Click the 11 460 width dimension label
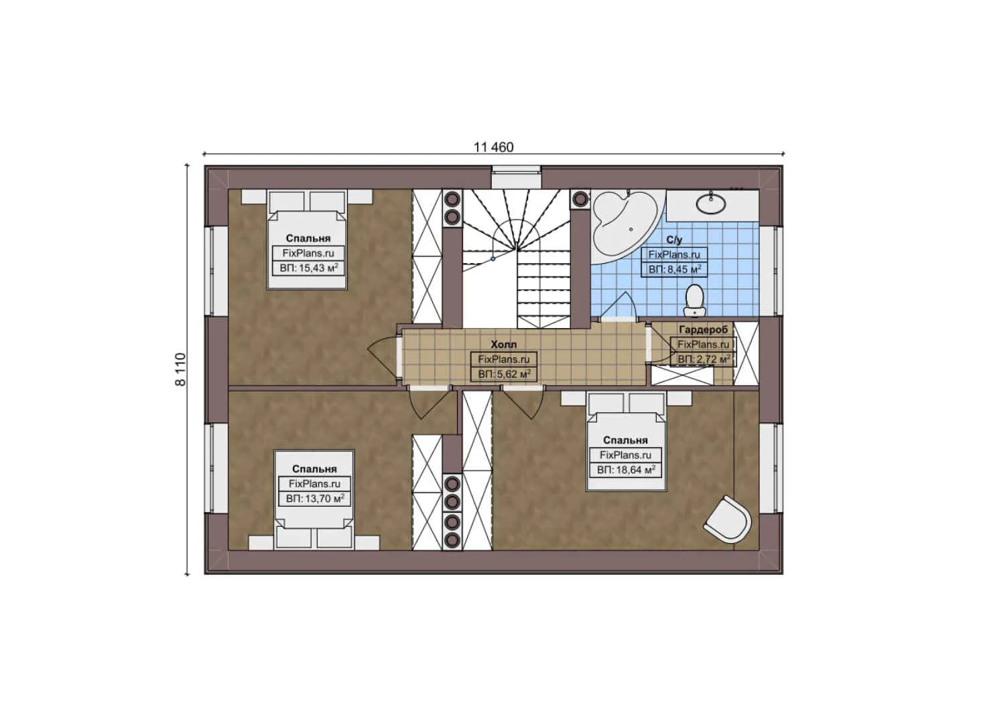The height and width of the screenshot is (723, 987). point(493,147)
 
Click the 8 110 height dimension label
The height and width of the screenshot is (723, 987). point(180,370)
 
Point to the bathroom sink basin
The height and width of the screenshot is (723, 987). point(711,202)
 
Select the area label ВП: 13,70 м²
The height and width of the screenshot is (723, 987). point(314,499)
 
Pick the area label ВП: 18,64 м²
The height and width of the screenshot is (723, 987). point(625,470)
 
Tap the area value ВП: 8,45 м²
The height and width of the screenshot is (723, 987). point(674,270)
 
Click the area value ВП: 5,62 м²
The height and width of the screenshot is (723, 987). point(504,374)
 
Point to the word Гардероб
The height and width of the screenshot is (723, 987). point(703,330)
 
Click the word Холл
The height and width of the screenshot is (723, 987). point(503,345)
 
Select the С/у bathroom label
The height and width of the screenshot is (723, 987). point(674,240)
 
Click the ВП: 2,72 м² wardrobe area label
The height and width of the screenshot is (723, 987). point(703,359)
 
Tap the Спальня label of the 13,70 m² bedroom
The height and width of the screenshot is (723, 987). point(314,469)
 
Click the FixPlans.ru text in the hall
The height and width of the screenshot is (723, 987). point(504,359)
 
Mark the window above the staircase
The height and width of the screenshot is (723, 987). point(516,178)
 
